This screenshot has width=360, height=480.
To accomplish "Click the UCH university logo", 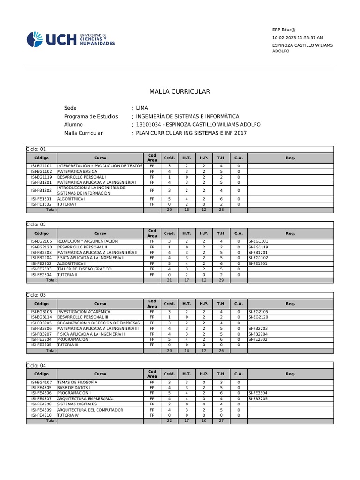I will [x=70, y=39].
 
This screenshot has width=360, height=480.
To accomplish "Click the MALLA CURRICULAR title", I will [x=180, y=91].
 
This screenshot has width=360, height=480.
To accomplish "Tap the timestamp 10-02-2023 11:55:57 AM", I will [x=298, y=37].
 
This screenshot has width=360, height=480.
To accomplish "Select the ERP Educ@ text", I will [x=284, y=30].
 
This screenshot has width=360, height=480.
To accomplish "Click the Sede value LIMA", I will [x=142, y=108].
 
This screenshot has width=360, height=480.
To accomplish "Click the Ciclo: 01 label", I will [x=36, y=149].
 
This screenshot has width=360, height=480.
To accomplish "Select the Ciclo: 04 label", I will [x=36, y=365].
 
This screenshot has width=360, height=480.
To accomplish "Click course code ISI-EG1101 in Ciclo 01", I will [x=41, y=166].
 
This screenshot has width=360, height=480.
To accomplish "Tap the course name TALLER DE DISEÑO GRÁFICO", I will [x=84, y=269].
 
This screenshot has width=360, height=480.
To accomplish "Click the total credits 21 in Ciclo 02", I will [x=169, y=280].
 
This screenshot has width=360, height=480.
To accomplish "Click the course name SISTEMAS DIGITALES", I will [x=77, y=404].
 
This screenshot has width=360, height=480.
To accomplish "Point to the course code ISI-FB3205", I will [x=41, y=323].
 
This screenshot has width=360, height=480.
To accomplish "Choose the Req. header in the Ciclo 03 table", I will [x=290, y=304].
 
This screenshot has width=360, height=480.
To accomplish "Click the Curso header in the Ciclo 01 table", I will [x=100, y=158].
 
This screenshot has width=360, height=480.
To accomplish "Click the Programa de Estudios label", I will [x=91, y=116].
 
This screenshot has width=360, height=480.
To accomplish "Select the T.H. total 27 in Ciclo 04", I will [x=221, y=421].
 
